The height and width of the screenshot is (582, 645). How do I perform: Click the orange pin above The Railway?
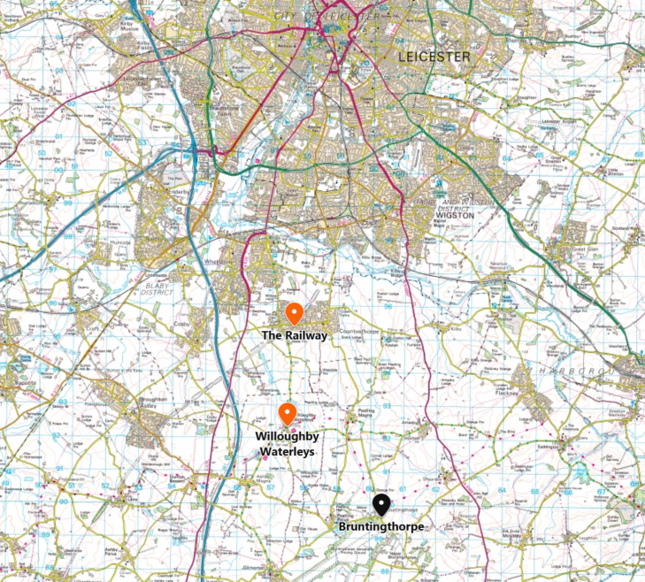click(x=295, y=313)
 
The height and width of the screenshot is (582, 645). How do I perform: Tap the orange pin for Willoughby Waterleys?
click(x=287, y=413)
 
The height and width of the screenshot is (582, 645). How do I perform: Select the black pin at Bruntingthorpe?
click(x=381, y=504)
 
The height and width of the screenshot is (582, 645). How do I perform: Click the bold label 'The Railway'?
click(x=295, y=336)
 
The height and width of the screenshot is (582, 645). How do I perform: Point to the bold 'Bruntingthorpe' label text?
click(x=381, y=527)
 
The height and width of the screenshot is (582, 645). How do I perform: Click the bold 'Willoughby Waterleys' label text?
click(x=286, y=444)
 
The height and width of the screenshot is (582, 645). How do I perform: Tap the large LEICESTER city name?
click(x=434, y=57)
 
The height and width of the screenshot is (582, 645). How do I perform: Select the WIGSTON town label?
click(x=457, y=214)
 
